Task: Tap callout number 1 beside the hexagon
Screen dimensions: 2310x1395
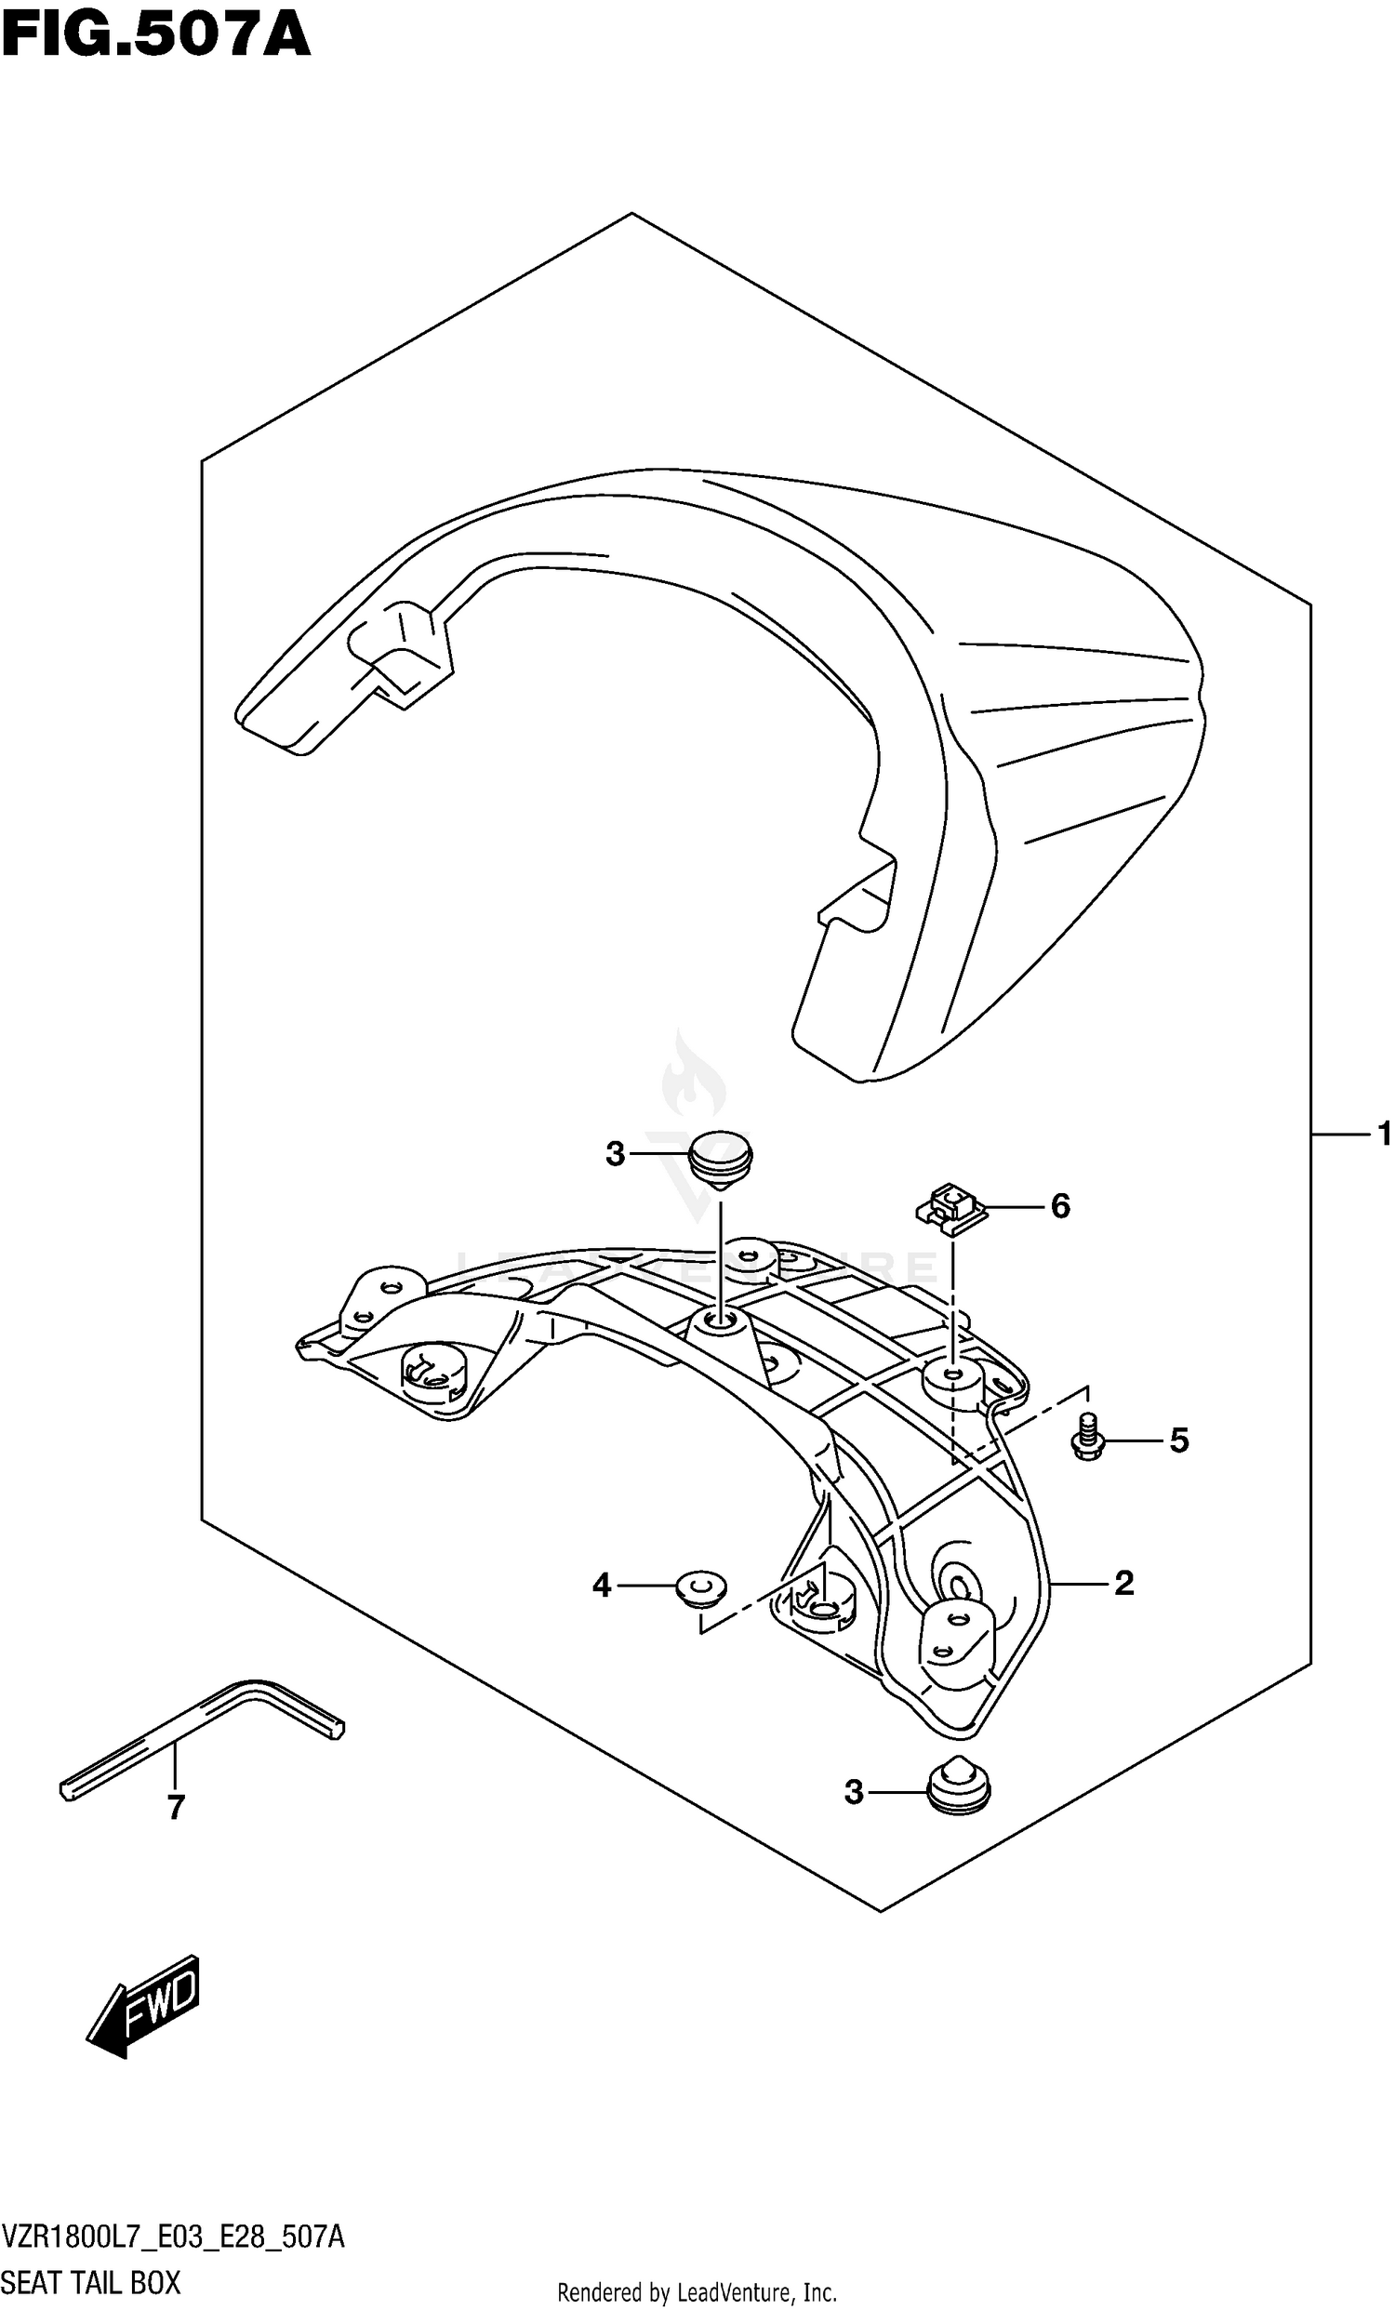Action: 1383,1135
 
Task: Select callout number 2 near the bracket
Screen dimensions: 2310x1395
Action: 1123,1584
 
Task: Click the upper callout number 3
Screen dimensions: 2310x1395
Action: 615,1154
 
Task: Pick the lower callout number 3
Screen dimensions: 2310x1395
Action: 853,1793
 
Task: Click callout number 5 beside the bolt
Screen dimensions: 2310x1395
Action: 1178,1440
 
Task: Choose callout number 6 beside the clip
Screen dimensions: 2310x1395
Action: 1059,1205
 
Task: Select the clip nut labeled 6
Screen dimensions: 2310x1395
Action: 949,1206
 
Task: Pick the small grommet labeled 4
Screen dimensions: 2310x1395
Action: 701,1589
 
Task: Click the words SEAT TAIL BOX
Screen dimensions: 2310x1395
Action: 92,2282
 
